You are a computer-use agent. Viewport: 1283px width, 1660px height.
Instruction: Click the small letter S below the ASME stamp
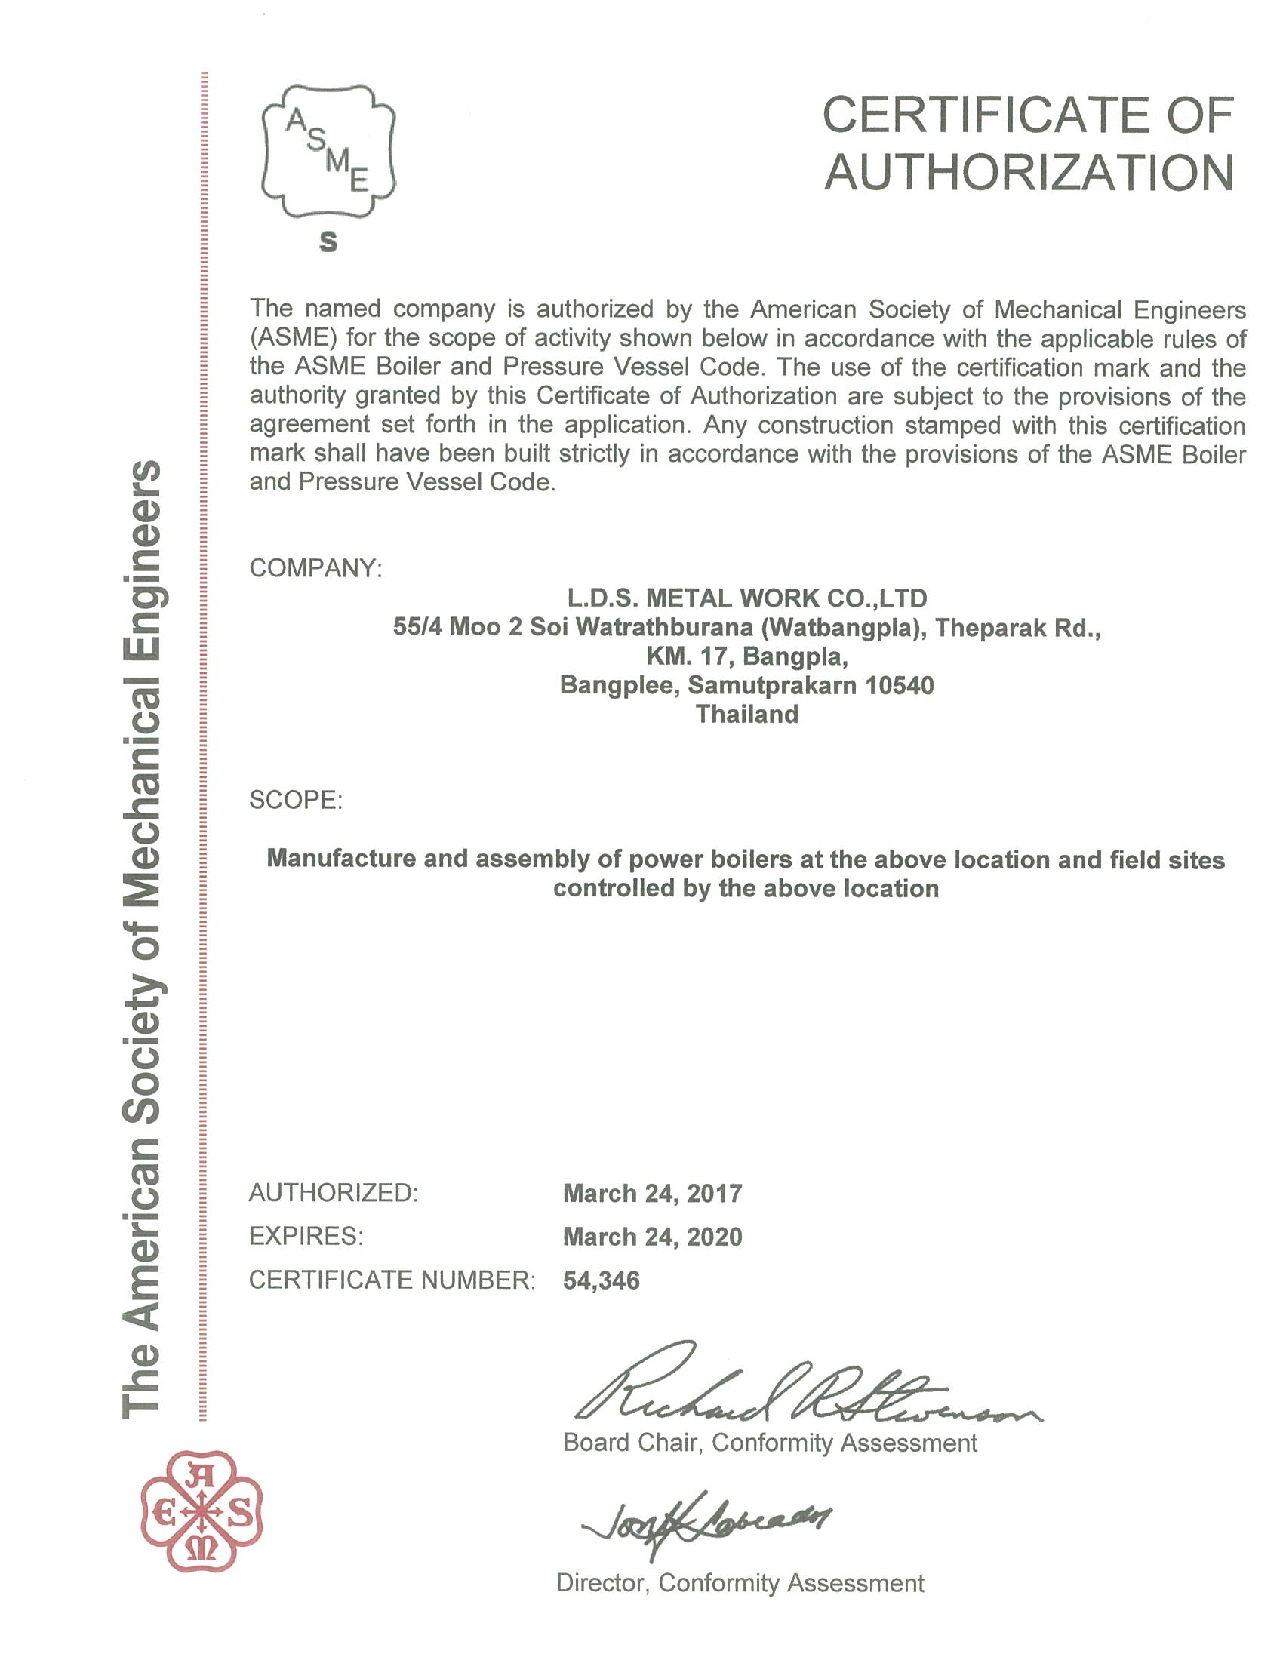(x=328, y=241)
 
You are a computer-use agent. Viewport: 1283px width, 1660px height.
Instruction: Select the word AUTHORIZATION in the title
(x=1029, y=173)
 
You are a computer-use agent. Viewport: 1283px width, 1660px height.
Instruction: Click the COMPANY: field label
(x=315, y=567)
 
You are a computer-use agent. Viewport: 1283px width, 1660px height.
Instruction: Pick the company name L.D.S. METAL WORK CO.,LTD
(x=747, y=598)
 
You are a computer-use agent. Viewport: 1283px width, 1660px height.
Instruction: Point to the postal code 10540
(x=900, y=686)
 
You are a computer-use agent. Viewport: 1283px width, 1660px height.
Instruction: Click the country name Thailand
(x=747, y=715)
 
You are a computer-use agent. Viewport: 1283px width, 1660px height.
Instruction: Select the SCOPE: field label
(x=296, y=800)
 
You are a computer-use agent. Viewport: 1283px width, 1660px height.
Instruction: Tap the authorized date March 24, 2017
(x=652, y=1194)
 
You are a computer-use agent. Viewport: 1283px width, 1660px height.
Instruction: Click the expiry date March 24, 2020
(x=652, y=1237)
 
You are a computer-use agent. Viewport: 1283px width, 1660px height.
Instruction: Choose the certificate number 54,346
(x=602, y=1280)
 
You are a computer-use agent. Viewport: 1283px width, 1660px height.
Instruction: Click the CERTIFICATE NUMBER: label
(x=392, y=1280)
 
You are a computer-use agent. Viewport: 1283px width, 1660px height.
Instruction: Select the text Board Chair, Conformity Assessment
(x=769, y=1443)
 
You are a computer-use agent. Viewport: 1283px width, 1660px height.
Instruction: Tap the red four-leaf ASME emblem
(x=202, y=1514)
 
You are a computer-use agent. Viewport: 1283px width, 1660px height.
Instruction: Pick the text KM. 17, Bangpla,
(x=747, y=656)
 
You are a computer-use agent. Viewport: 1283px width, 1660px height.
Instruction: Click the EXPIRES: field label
(x=306, y=1237)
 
